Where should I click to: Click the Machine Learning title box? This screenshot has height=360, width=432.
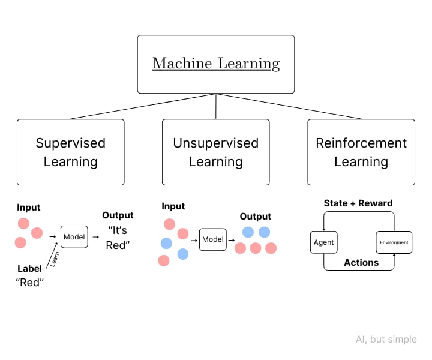pyautogui.click(x=216, y=64)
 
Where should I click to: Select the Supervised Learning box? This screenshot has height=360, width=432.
pyautogui.click(x=71, y=152)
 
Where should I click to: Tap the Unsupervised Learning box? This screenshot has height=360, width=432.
pyautogui.click(x=216, y=152)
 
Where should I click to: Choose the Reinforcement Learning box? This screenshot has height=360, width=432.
pyautogui.click(x=361, y=152)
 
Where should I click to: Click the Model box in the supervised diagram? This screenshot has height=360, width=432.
pyautogui.click(x=74, y=237)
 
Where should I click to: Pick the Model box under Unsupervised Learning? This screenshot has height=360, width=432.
pyautogui.click(x=212, y=239)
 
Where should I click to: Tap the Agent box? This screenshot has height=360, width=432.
pyautogui.click(x=323, y=242)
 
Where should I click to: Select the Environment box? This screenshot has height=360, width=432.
pyautogui.click(x=394, y=242)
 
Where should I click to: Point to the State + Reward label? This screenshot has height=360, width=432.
pyautogui.click(x=358, y=203)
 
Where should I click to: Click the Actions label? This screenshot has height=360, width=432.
pyautogui.click(x=361, y=262)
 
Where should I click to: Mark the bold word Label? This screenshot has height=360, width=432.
pyautogui.click(x=29, y=269)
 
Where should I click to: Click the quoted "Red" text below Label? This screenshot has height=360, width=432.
pyautogui.click(x=30, y=283)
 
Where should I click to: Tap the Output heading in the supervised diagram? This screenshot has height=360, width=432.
pyautogui.click(x=118, y=215)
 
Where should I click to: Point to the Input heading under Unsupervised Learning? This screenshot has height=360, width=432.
pyautogui.click(x=173, y=206)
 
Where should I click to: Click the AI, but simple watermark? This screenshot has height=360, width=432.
pyautogui.click(x=386, y=339)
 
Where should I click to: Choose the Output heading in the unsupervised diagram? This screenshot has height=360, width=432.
pyautogui.click(x=256, y=216)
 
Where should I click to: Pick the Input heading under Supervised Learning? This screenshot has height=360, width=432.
pyautogui.click(x=28, y=207)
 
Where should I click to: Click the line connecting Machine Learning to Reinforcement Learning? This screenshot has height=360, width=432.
pyautogui.click(x=288, y=106)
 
